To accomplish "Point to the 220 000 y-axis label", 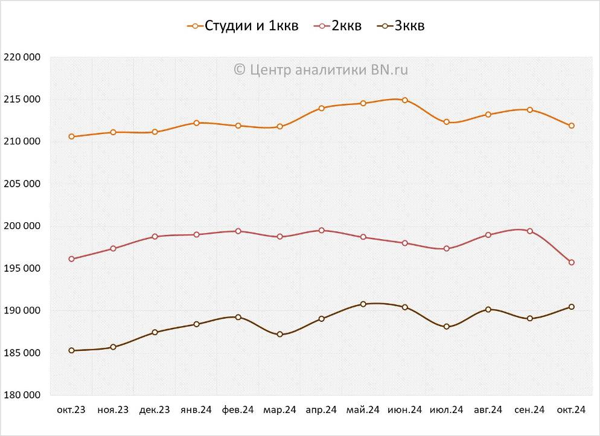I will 22,57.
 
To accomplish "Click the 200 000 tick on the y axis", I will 22,226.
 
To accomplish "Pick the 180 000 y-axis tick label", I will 22,395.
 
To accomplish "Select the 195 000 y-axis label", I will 22,268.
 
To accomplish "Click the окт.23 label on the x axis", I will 71,410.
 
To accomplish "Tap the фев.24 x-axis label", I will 238,410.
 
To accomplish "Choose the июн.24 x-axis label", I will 404,410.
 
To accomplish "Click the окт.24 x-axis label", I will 571,410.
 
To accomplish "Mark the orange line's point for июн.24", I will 405,100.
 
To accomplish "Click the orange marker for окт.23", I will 72,136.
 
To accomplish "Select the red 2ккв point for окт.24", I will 571,262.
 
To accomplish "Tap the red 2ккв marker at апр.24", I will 322,230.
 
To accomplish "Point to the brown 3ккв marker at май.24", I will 363,304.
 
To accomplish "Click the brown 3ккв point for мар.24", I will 280,335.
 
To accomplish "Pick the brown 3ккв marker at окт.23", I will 72,350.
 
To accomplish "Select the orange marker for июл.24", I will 447,122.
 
